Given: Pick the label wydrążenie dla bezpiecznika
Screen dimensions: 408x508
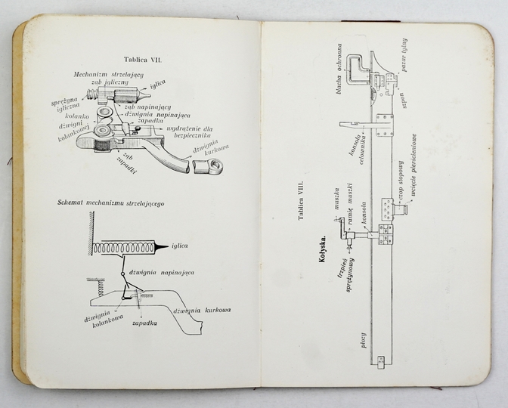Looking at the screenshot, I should [186, 131].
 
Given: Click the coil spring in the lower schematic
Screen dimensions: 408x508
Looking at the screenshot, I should [124, 247].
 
